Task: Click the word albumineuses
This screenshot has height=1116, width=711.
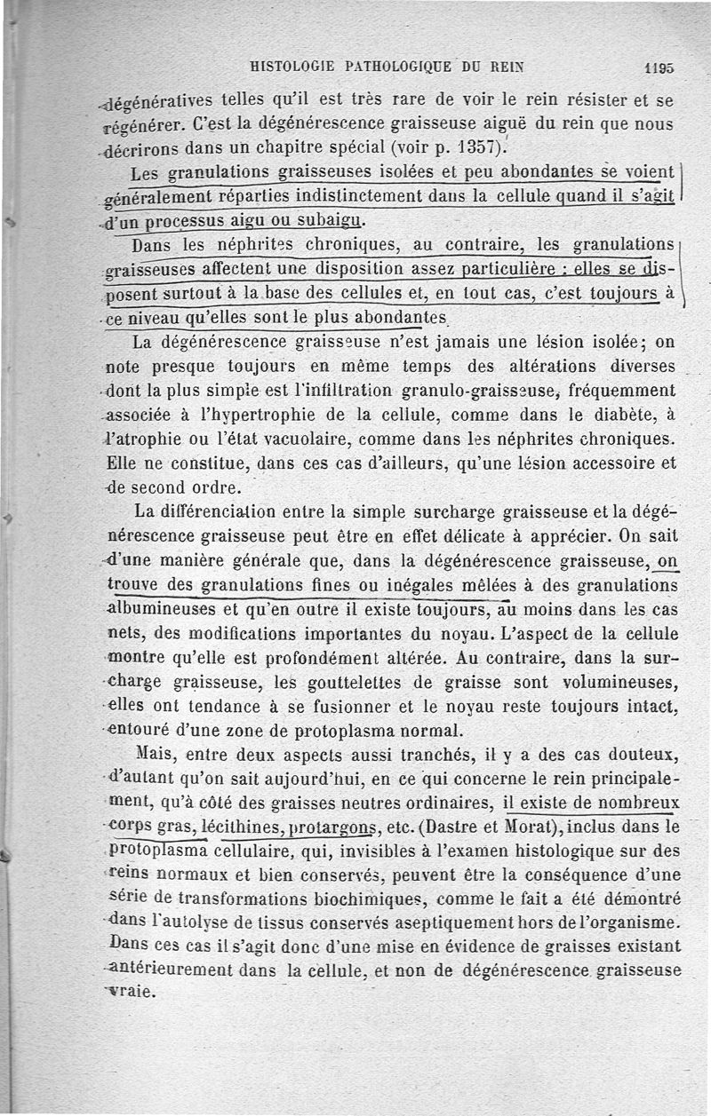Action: pyautogui.click(x=159, y=610)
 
